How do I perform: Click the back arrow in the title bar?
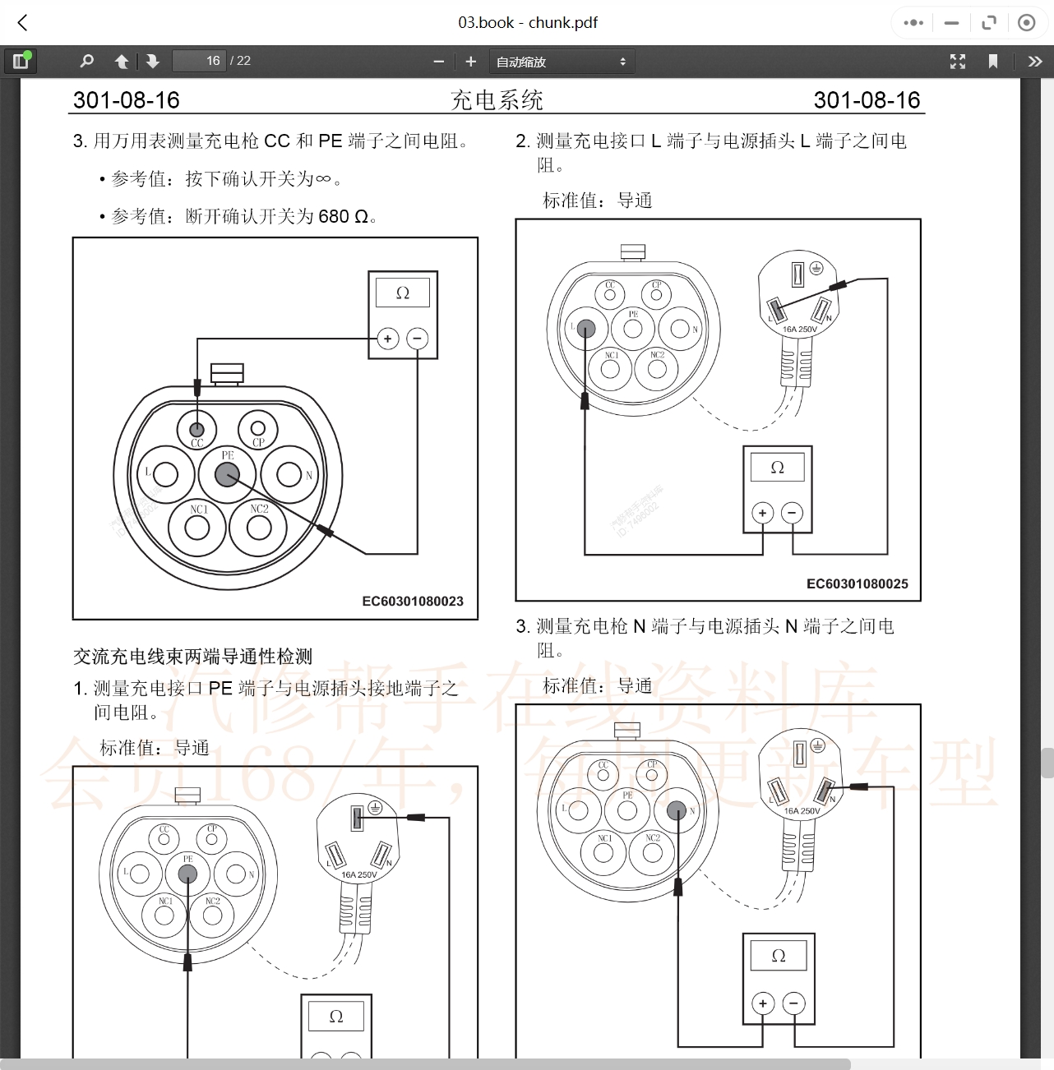coord(23,23)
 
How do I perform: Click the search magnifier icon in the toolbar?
coord(86,61)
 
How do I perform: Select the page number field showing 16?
coord(199,61)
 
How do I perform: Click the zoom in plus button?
coord(470,61)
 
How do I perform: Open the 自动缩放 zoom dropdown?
coord(562,62)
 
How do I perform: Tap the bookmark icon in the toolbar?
coord(992,61)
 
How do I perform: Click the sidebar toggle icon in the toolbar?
coord(21,61)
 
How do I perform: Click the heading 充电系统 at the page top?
coord(497,100)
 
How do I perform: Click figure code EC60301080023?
coord(413,601)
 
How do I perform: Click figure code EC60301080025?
coord(857,583)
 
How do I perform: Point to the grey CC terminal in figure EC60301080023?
coord(196,429)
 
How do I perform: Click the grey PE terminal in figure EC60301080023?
coord(227,474)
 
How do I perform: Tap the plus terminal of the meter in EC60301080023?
coord(388,338)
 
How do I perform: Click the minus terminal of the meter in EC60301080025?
coord(792,513)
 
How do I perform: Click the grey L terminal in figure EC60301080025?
coord(585,329)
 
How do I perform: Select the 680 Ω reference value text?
coord(343,216)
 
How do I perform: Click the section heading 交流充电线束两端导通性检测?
coord(192,656)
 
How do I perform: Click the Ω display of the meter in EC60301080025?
coord(777,468)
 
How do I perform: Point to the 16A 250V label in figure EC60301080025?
coord(799,330)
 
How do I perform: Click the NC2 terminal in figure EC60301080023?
coord(259,527)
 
